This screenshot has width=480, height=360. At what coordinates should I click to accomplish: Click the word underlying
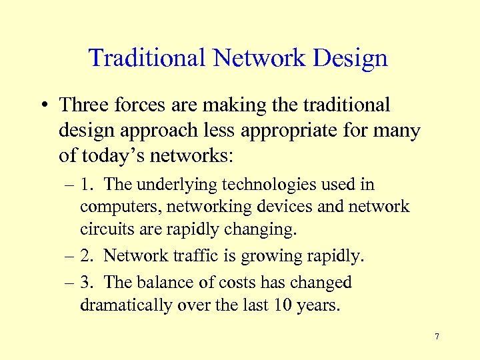point(175,184)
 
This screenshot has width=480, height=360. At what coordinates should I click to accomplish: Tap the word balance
point(164,282)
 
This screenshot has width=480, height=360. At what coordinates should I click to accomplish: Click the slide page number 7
point(437,336)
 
